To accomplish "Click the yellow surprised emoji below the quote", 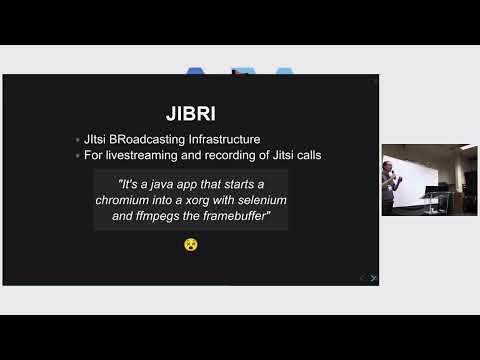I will tap(190, 243).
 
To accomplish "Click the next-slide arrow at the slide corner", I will tap(373, 277).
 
